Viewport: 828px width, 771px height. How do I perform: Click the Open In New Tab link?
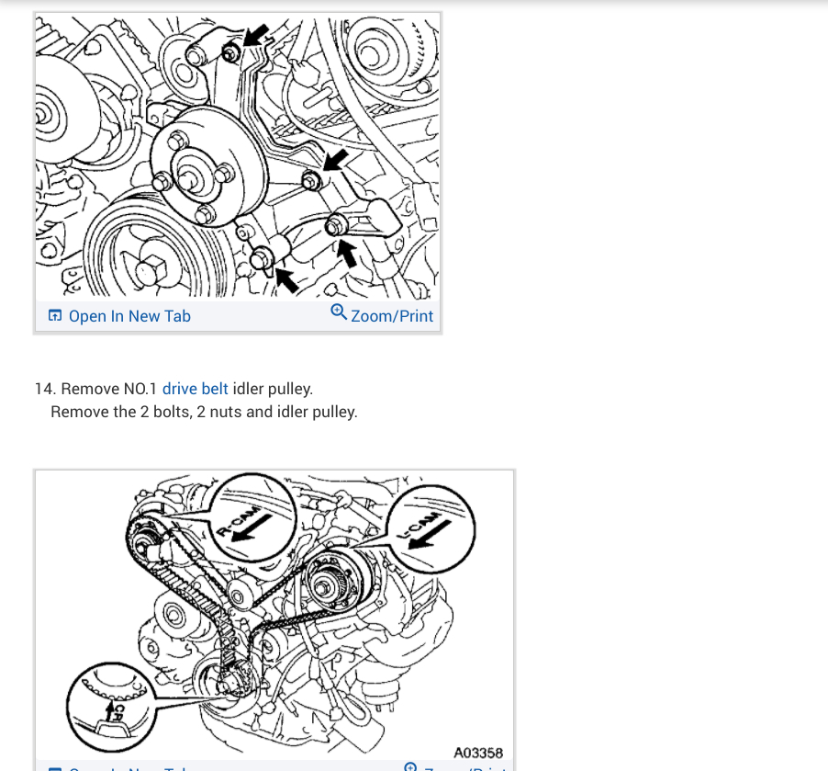(129, 316)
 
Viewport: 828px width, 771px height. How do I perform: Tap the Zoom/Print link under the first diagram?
(392, 316)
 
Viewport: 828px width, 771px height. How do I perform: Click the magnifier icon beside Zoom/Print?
(339, 312)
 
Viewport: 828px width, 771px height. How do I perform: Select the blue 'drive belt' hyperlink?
(195, 389)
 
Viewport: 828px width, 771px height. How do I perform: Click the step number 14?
(45, 389)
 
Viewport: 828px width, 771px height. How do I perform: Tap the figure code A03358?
(478, 753)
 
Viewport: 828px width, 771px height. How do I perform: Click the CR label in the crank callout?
(117, 713)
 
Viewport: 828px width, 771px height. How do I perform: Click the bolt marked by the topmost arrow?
(231, 52)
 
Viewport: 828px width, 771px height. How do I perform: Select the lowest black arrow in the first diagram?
(285, 278)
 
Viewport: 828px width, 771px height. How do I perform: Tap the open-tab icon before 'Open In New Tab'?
(55, 316)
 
